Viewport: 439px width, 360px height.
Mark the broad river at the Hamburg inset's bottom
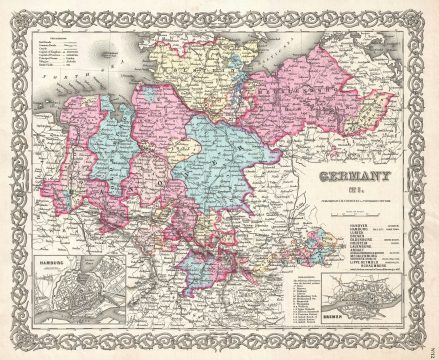pos(70,318)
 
